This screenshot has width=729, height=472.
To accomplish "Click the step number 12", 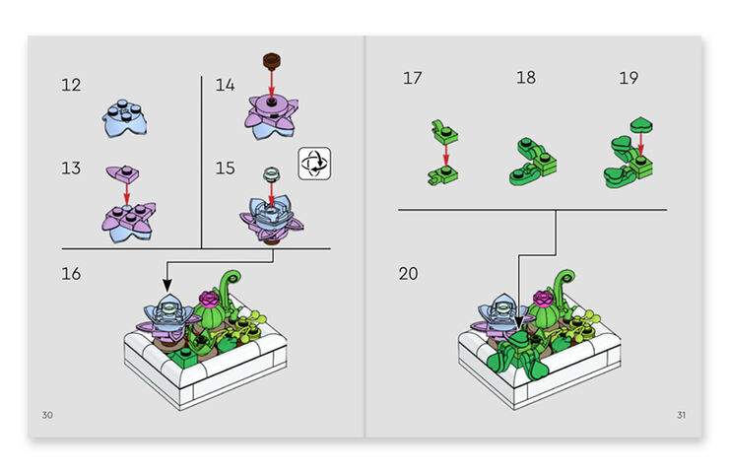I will point(71,86).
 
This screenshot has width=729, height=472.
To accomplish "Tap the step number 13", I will point(71,169).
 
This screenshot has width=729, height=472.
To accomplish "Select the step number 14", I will point(226,86).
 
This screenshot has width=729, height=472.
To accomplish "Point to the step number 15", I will point(226,169).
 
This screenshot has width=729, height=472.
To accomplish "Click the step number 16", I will point(71,274).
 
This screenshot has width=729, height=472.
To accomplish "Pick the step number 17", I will point(412,78).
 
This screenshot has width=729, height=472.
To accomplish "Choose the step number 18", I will point(526,78).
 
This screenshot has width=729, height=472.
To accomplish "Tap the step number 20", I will point(409,274).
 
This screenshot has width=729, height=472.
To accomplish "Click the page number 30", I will point(47,414).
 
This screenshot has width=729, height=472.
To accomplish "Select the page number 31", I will point(681,414).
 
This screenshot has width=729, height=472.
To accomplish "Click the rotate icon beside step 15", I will point(314,163).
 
